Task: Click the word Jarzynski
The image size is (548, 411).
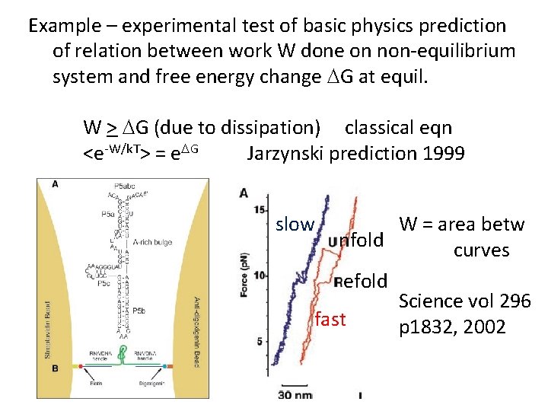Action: click(285, 154)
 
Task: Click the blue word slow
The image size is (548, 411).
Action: click(295, 225)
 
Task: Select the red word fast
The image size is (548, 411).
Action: click(330, 319)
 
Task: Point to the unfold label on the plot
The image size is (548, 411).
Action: click(355, 241)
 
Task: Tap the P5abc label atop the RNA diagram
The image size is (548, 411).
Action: click(123, 186)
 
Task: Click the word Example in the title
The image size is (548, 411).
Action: click(64, 25)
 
